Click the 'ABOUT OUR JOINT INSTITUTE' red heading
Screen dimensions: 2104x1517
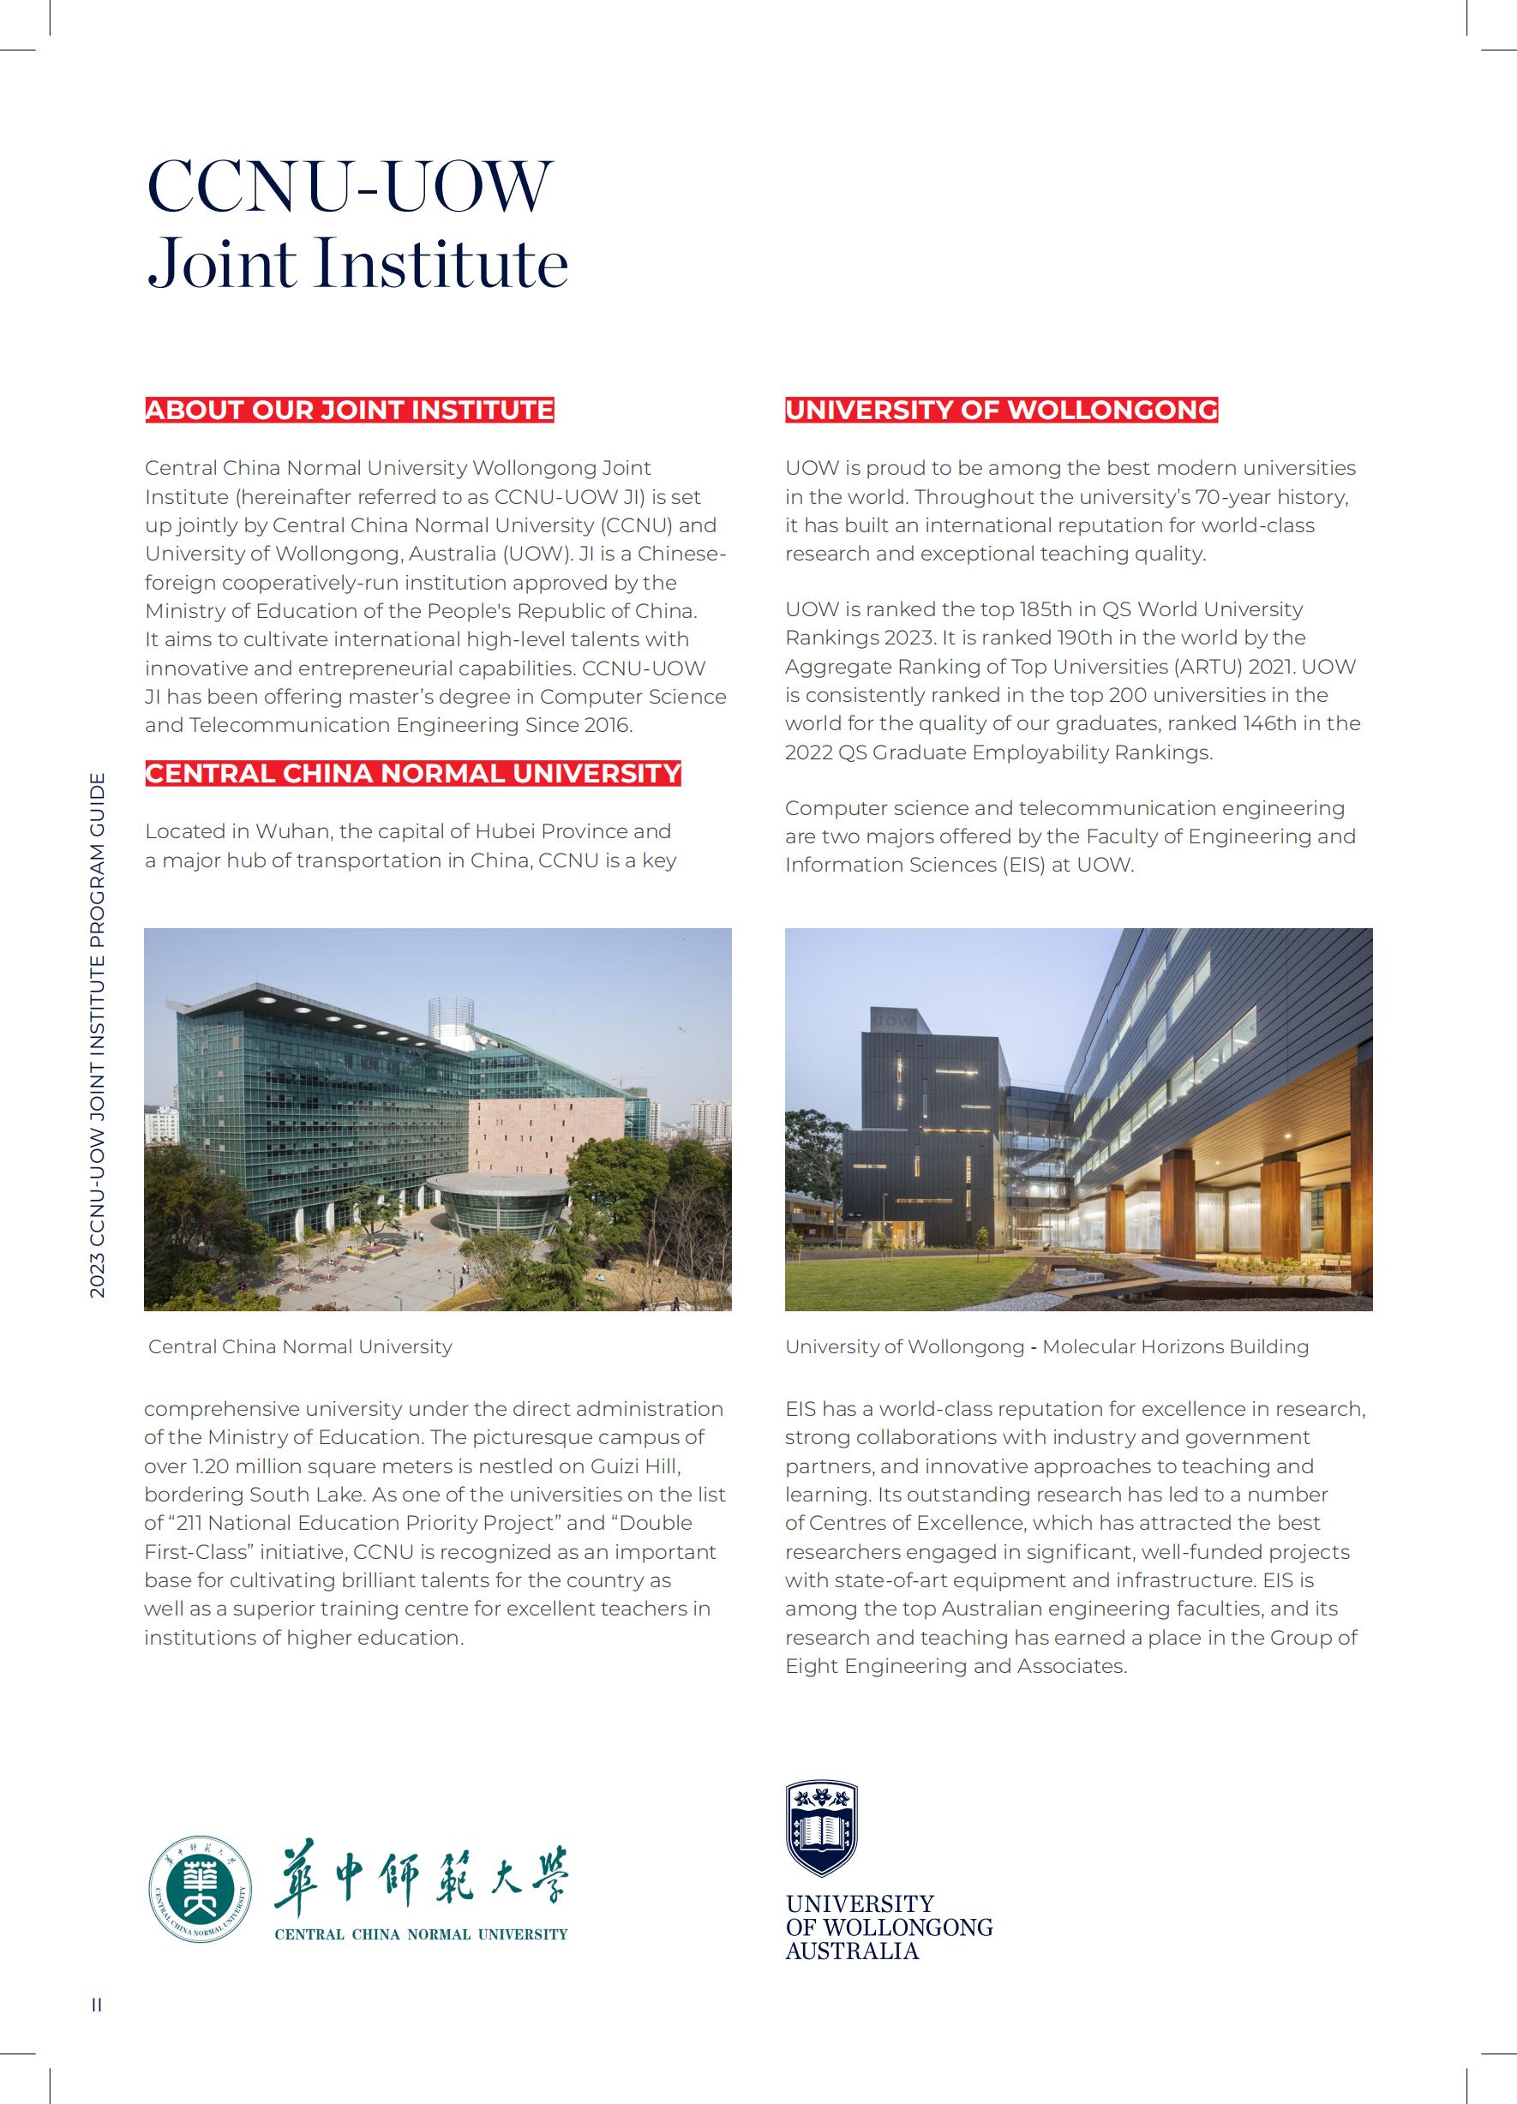click(349, 410)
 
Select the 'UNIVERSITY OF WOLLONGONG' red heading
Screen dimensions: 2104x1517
click(1000, 410)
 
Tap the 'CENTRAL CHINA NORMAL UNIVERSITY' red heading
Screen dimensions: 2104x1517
click(413, 774)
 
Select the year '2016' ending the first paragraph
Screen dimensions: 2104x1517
click(606, 725)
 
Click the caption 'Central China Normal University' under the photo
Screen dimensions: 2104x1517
click(300, 1347)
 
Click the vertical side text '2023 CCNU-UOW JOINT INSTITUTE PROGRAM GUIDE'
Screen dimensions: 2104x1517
click(98, 1035)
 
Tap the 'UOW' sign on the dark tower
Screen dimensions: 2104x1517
click(892, 1020)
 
